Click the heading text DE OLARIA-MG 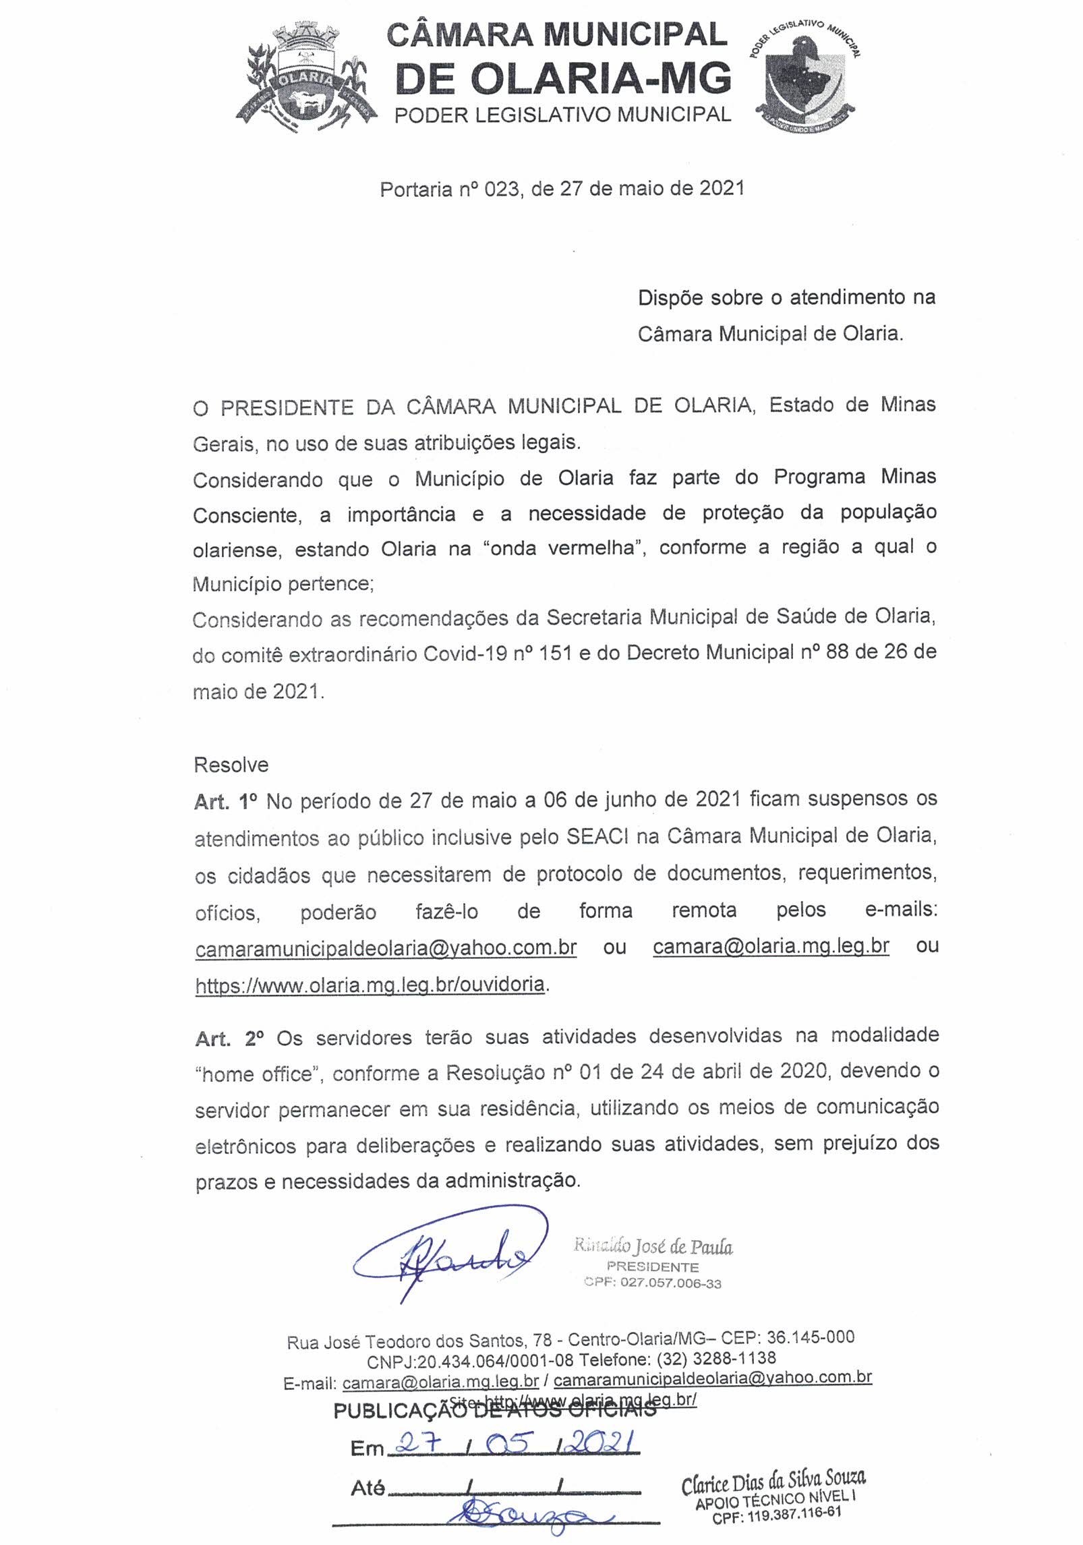[x=563, y=78]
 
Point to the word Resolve [x=231, y=765]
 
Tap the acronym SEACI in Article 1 [x=597, y=837]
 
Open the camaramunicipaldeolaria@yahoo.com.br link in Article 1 [x=386, y=948]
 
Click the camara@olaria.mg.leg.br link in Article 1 [x=771, y=946]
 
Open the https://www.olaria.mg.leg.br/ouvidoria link [x=370, y=985]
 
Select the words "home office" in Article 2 [x=256, y=1074]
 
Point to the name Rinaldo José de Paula [x=653, y=1246]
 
